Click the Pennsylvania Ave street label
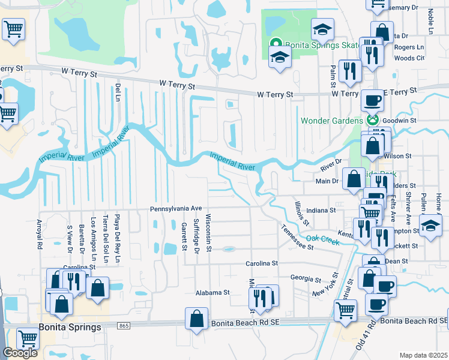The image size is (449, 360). coord(175,209)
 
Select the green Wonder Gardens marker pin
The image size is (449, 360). coord(373,119)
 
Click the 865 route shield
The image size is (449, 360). coord(124,326)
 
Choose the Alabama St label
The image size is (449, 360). coord(212,293)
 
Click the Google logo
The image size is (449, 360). coord(20,353)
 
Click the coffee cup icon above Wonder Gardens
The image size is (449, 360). coord(372,100)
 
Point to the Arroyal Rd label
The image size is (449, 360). coord(40,233)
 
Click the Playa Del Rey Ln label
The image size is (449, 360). coord(118,239)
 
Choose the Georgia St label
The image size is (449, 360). coord(306,279)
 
